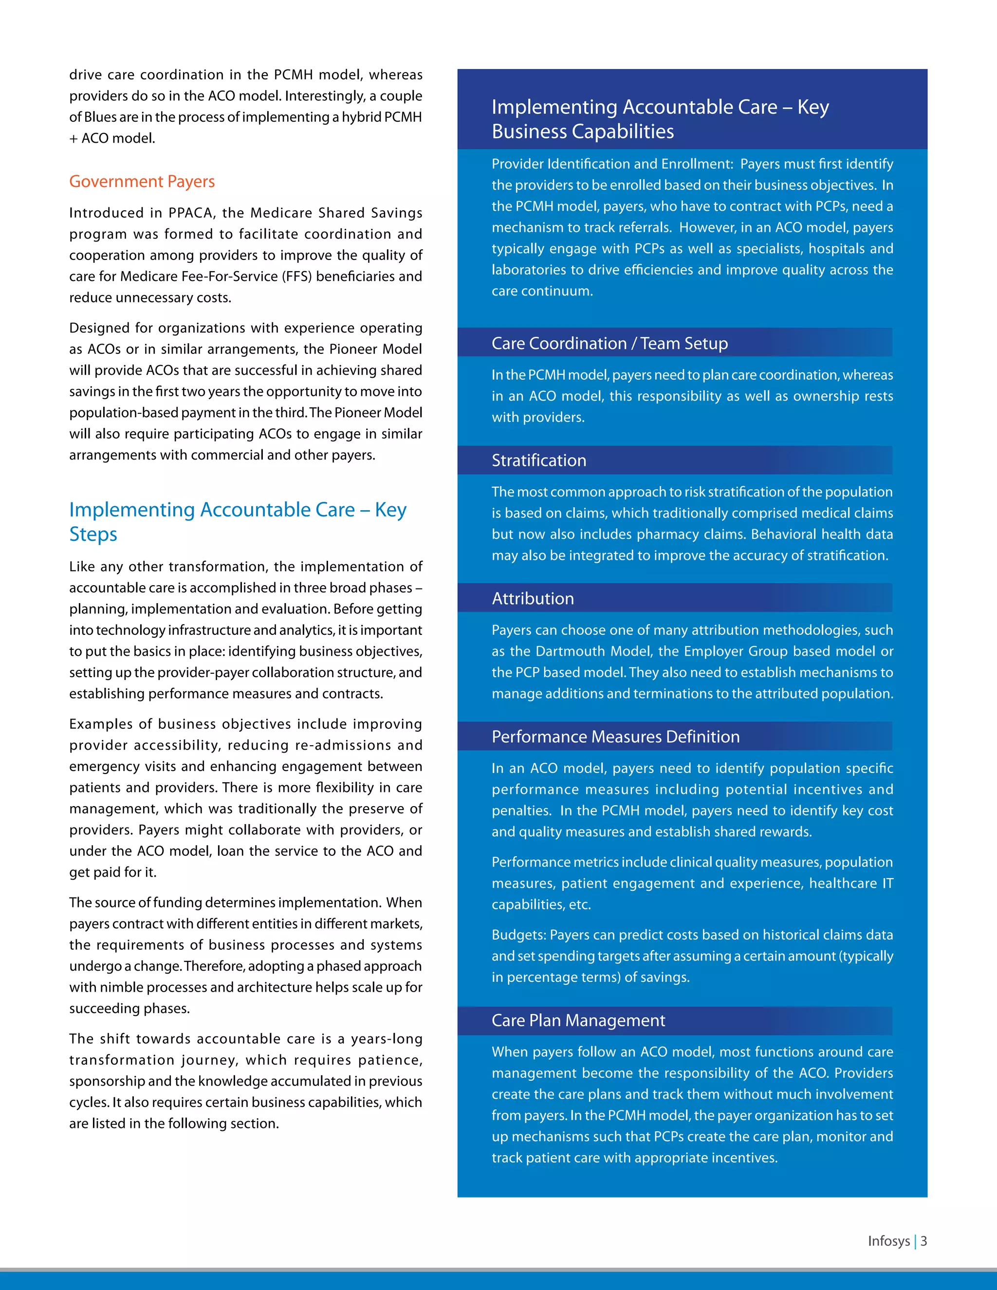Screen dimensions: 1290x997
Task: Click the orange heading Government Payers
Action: tap(142, 182)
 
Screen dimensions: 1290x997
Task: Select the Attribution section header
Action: tap(533, 599)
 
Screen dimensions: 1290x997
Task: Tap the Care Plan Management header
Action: tap(578, 1021)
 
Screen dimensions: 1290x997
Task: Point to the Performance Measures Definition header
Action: tap(615, 737)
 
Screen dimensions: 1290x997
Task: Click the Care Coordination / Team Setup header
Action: tap(609, 344)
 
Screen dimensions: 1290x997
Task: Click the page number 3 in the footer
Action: tap(924, 1241)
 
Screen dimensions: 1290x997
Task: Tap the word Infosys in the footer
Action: tap(888, 1241)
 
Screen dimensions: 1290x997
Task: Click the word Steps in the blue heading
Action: tap(93, 534)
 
